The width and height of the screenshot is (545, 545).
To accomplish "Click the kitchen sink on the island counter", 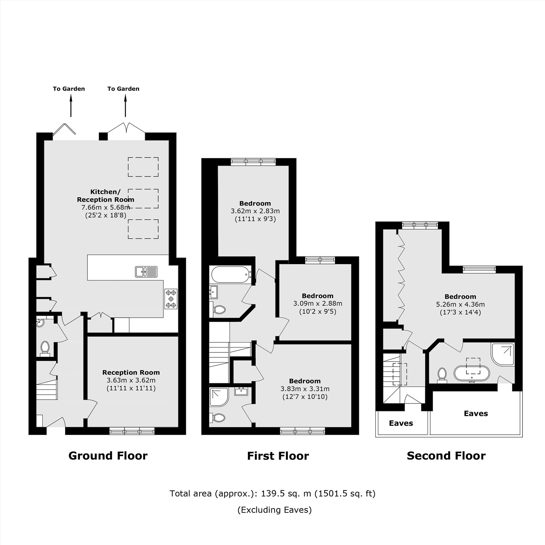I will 146,272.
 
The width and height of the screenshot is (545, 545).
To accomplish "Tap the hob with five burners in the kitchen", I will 171,299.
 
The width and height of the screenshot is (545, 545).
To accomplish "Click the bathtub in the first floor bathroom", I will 231,274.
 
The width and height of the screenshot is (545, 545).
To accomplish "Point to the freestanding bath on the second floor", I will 471,374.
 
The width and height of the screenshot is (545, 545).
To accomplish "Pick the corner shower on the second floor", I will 503,354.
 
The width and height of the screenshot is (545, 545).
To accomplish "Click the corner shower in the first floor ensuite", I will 219,397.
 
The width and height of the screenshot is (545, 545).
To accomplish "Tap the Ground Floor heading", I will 108,456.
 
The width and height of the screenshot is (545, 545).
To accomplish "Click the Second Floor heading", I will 446,456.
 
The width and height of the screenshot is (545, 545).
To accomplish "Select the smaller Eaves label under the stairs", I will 401,423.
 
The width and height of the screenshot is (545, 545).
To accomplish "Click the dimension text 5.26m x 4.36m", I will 460,304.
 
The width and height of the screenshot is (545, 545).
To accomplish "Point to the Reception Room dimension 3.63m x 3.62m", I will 131,380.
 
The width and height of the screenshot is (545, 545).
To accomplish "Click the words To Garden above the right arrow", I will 123,89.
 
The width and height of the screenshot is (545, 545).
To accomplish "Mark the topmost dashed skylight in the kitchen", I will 143,167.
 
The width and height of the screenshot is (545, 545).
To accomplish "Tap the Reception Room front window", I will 132,431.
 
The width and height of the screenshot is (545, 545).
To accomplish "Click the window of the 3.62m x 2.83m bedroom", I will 253,161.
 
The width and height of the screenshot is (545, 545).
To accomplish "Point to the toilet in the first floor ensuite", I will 218,417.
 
